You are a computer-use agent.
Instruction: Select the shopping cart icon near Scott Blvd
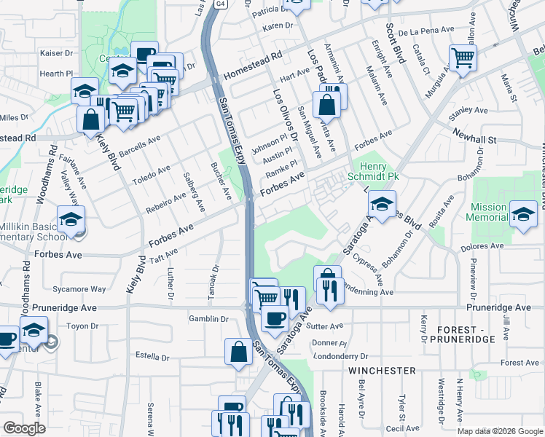tap(463, 58)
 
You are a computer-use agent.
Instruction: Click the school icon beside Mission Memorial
tap(522, 214)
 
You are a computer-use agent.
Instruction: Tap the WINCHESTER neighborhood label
tap(381, 371)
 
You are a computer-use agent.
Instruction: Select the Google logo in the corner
tap(23, 428)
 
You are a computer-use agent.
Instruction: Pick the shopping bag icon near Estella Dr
tap(238, 353)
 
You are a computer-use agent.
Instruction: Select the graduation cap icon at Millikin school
tap(71, 219)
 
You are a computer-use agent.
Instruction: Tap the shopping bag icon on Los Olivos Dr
tap(327, 104)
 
